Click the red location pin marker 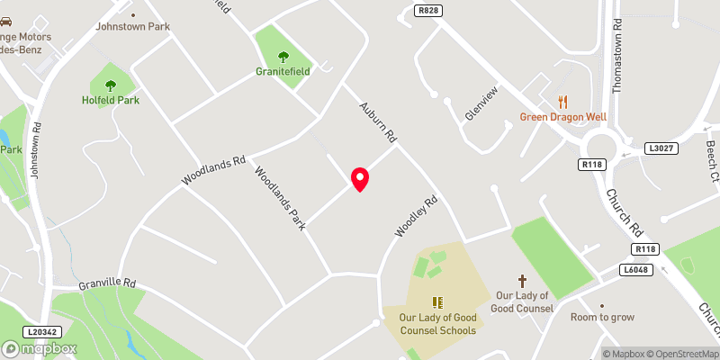coord(360,179)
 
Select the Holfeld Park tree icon coord(111,85)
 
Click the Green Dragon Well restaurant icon coord(563,102)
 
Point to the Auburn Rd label coord(379,123)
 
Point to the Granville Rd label coord(106,283)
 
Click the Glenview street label coord(481,106)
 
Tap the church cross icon coord(521,282)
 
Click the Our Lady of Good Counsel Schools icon coord(437,302)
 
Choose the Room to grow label coord(603,317)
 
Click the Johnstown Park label coord(133,27)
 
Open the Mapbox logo coord(40,348)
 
